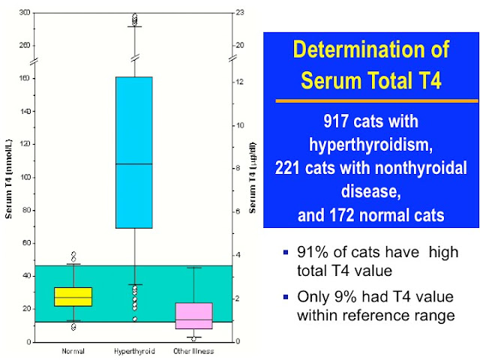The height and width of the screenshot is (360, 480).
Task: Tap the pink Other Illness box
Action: (x=194, y=316)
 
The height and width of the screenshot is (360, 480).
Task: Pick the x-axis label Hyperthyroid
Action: (x=134, y=351)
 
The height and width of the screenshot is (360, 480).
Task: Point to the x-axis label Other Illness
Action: (x=194, y=351)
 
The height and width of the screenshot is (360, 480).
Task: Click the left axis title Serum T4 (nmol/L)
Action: (x=10, y=178)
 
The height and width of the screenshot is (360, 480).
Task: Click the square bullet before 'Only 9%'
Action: (x=286, y=300)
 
